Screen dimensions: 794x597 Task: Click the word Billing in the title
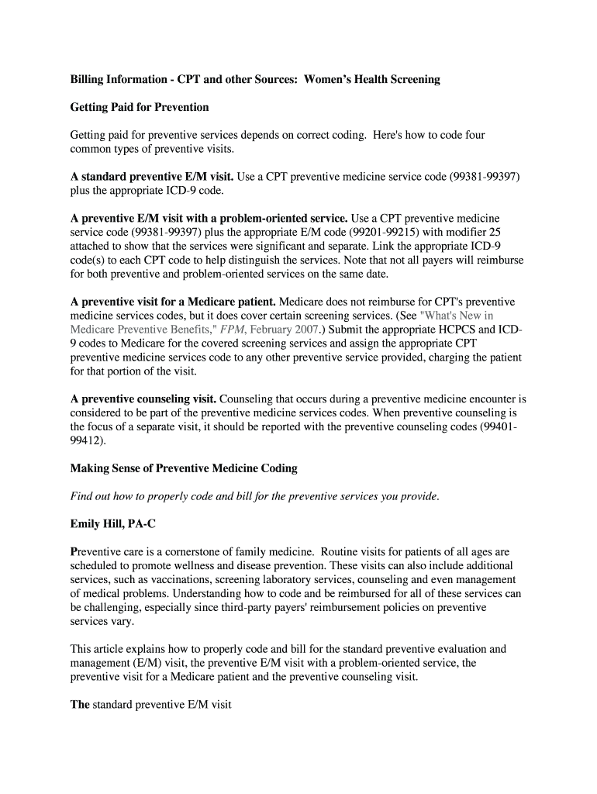[x=88, y=79]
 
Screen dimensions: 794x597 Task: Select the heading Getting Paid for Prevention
[x=140, y=107]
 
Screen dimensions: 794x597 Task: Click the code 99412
[x=85, y=441]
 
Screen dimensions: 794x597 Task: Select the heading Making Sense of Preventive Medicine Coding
[x=184, y=468]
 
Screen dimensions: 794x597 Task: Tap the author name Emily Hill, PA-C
[x=113, y=524]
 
